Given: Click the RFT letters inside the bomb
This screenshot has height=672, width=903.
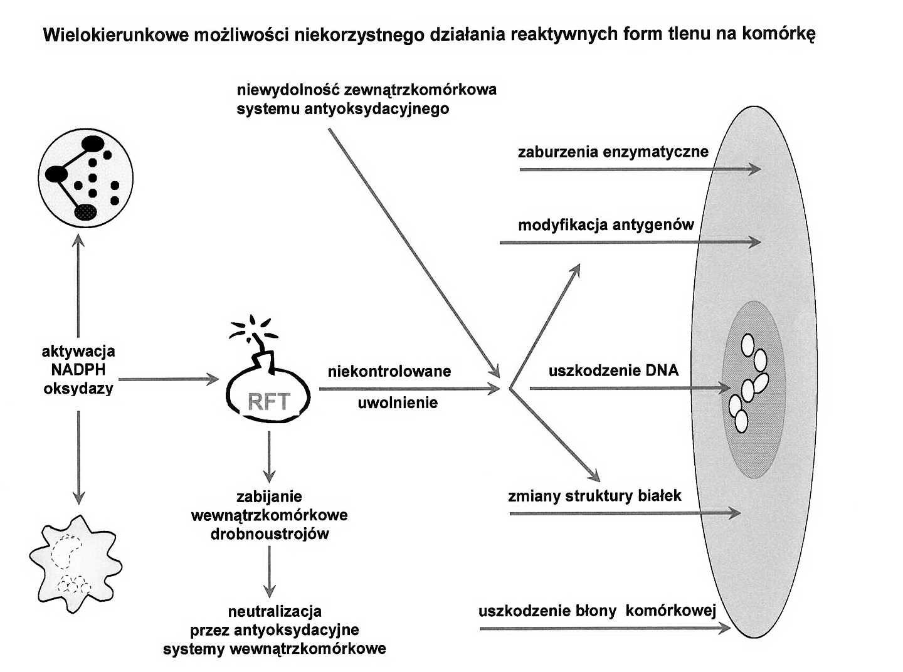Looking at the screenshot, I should pos(268,401).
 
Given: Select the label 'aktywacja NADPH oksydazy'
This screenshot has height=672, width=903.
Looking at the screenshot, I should pos(78,370).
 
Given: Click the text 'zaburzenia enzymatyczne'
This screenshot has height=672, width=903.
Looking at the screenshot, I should pos(613,152).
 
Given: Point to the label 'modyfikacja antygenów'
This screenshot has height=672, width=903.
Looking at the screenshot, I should pos(606,224).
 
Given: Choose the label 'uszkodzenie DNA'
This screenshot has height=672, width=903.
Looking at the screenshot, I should pos(613,370).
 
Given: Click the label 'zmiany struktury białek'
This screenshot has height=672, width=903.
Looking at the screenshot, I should pos(594,496).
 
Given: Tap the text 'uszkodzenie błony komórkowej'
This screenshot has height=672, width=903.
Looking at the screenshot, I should pos(596,611).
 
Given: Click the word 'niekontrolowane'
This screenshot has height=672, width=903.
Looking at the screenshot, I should pos(389,371).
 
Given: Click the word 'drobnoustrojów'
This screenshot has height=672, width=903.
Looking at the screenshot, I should pos(270,534).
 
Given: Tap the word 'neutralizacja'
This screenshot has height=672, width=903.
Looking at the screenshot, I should pos(275,611).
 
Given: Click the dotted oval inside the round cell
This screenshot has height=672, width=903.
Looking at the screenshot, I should pos(85,212).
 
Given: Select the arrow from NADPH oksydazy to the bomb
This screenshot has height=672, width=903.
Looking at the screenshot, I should pos(168,379).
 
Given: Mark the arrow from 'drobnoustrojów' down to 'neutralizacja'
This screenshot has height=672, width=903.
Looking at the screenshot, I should pos(270,571).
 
